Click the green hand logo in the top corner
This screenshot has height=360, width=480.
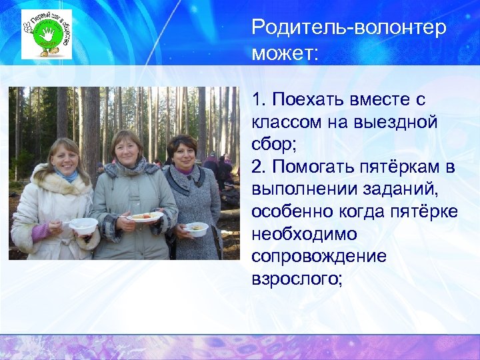[46, 34]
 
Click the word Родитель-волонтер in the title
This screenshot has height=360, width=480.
[349, 29]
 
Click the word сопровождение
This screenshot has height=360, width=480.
[319, 257]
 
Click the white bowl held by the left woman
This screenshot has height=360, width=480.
[83, 225]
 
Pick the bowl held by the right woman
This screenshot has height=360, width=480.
[196, 229]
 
